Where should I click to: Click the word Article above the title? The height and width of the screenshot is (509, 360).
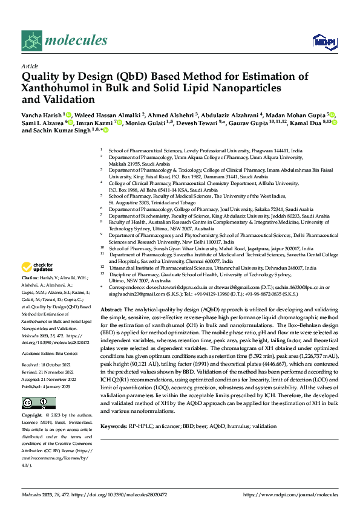tap(30, 66)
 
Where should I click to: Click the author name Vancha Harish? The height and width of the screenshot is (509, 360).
tap(41, 114)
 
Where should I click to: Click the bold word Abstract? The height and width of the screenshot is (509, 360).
tap(111, 309)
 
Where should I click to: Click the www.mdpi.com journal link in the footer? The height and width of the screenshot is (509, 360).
tap(290, 494)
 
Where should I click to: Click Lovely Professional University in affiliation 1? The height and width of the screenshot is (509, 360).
tap(212, 149)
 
